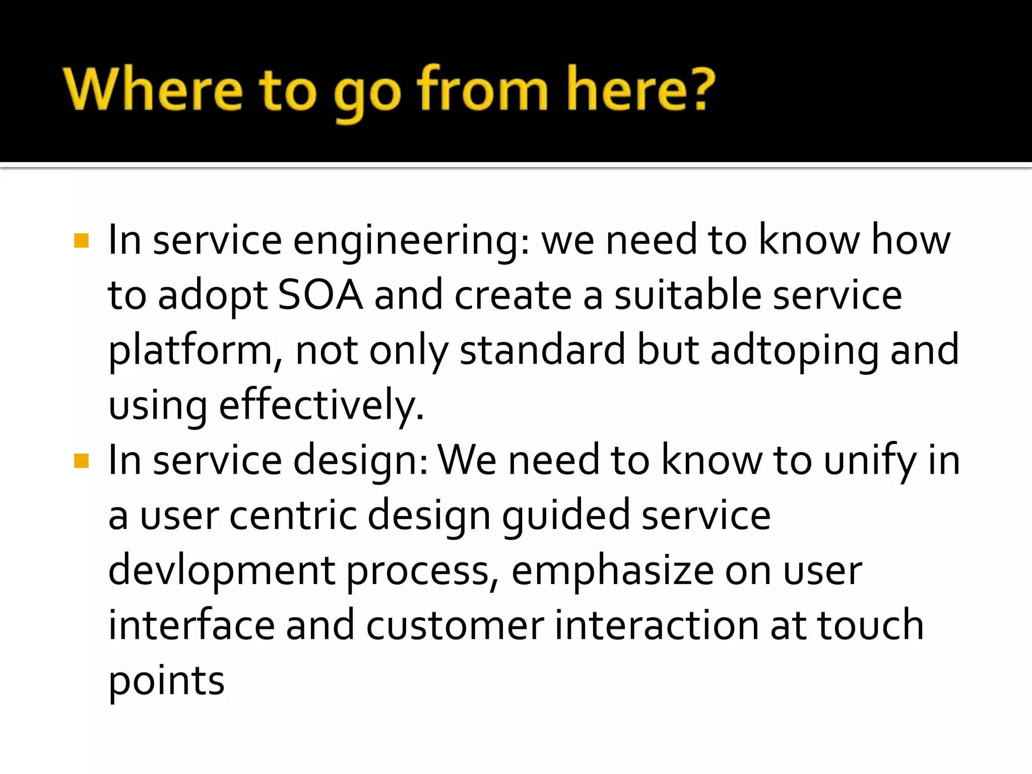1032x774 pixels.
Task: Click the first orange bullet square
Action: tap(81, 241)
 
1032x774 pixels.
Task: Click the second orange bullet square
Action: tap(81, 461)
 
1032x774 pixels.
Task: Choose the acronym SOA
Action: tap(320, 295)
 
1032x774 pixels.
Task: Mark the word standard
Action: tap(542, 350)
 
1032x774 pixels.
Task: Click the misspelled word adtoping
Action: tap(794, 351)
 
